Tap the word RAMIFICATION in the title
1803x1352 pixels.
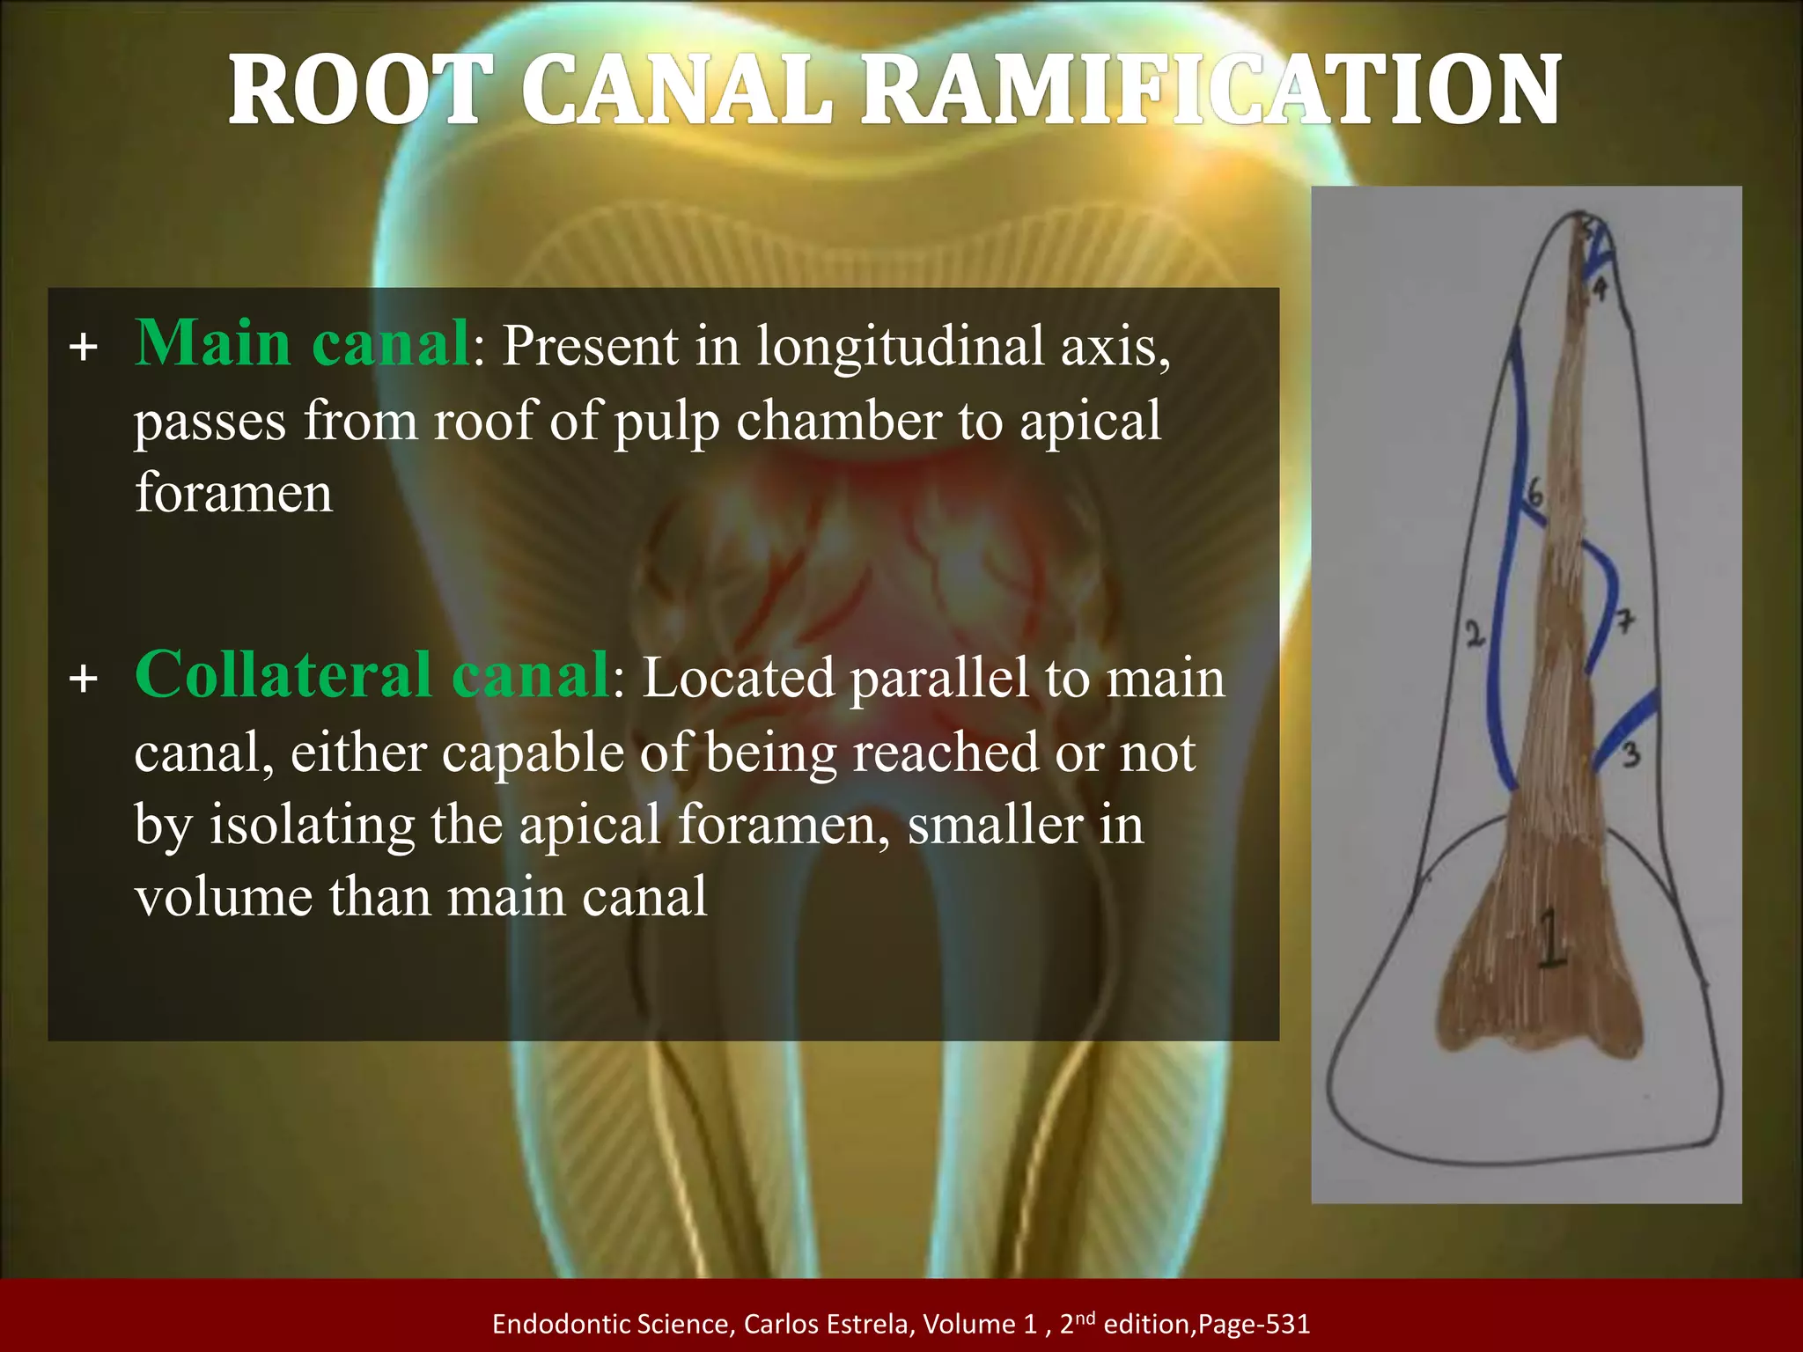tap(1210, 91)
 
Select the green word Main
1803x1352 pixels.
tap(212, 343)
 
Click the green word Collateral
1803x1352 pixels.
tap(283, 675)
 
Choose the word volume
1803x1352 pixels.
tap(224, 898)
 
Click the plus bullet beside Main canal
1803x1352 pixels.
tap(84, 348)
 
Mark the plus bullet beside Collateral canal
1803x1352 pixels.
tap(84, 680)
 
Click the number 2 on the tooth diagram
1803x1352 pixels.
tap(1474, 635)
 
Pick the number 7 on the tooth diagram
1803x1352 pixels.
tap(1625, 621)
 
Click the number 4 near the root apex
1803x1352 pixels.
tap(1600, 288)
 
